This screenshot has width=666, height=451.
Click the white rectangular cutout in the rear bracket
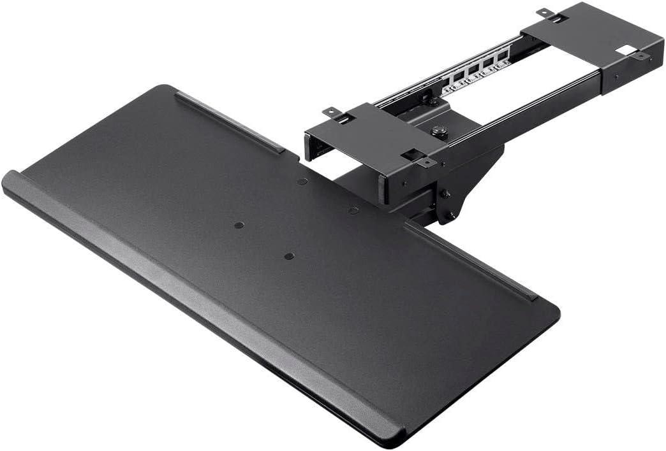(626, 49)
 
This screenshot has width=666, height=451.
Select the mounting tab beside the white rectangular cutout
(640, 57)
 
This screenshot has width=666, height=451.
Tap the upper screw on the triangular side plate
(445, 194)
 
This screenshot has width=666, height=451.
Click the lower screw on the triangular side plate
(450, 215)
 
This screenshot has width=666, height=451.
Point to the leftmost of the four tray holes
(239, 226)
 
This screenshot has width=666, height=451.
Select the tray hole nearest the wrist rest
(289, 256)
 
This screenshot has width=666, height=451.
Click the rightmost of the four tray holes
(353, 210)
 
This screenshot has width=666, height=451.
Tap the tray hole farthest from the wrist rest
(302, 181)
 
